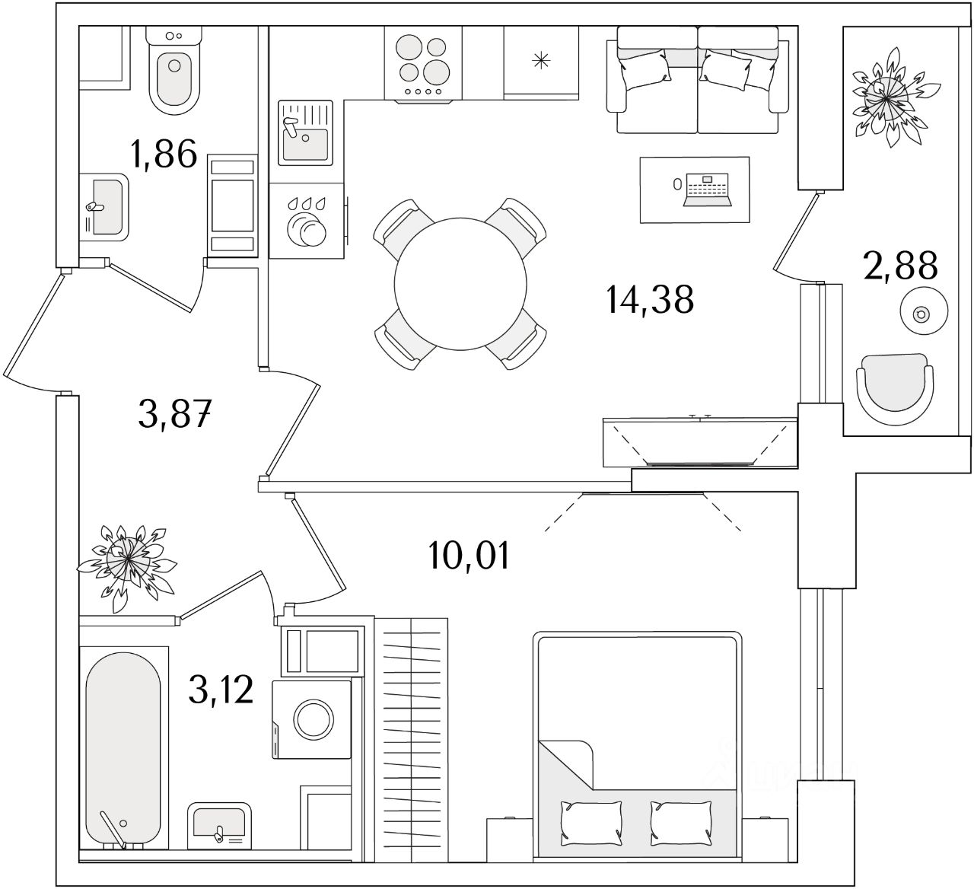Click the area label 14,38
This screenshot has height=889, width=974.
tap(650, 299)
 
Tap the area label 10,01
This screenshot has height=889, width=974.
tap(467, 556)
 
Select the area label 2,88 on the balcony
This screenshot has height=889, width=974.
tap(900, 266)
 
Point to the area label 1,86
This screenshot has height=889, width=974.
tap(164, 155)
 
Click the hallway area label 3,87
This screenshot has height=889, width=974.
tap(175, 415)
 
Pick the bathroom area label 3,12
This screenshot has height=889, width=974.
tap(221, 690)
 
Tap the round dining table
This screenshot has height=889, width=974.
tap(460, 283)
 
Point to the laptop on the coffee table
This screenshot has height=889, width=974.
tap(708, 190)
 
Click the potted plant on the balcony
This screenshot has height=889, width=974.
tap(887, 97)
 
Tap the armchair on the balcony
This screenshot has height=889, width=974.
tap(894, 389)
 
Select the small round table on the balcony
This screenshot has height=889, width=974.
tap(923, 312)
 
